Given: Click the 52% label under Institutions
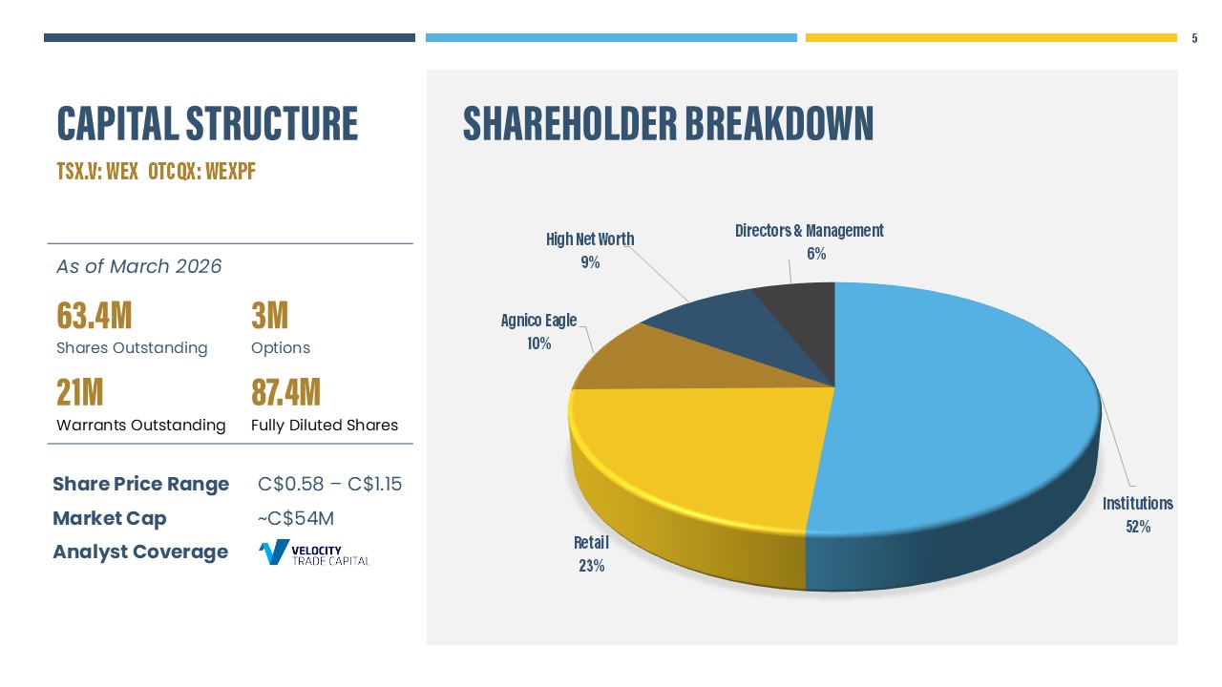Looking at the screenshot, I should pyautogui.click(x=1138, y=526).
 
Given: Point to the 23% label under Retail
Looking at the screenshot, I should pyautogui.click(x=591, y=565).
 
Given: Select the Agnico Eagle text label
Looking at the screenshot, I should pyautogui.click(x=538, y=321).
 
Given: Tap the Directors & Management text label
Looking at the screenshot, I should pyautogui.click(x=809, y=231).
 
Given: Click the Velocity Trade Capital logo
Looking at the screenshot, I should pyautogui.click(x=314, y=552).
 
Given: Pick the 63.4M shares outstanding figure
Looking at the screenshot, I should pyautogui.click(x=94, y=315).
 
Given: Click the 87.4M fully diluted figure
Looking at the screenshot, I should pyautogui.click(x=285, y=392).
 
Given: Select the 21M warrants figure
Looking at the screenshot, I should pyautogui.click(x=79, y=392).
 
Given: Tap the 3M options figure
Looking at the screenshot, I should pyautogui.click(x=269, y=315).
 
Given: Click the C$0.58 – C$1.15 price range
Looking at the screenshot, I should pyautogui.click(x=329, y=484).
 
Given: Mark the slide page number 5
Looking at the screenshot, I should pyautogui.click(x=1194, y=39).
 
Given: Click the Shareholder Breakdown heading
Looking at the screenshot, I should pyautogui.click(x=667, y=124).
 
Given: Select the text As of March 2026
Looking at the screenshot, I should pyautogui.click(x=138, y=266).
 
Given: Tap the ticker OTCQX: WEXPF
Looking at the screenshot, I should pyautogui.click(x=201, y=173).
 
